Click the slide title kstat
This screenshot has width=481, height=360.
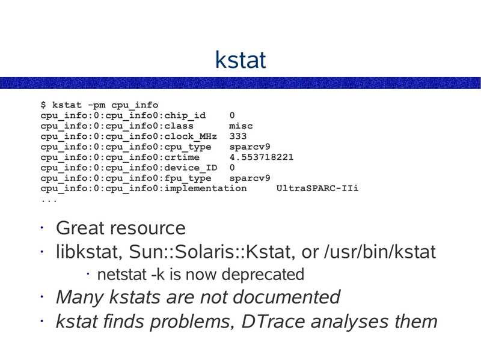(240, 60)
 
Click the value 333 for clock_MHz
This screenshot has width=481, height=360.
(238, 136)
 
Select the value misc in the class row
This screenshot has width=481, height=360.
(241, 126)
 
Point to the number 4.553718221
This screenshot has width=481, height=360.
(262, 157)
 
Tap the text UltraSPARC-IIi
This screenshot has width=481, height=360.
(317, 188)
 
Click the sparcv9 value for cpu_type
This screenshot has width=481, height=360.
(250, 147)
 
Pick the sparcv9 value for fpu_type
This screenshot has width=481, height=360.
(250, 178)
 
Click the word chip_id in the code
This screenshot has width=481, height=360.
(185, 115)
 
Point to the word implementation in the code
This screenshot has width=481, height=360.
(205, 188)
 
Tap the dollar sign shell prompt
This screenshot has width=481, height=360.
(43, 105)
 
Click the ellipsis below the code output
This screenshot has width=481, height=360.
(49, 200)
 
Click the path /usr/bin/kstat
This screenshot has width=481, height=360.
(379, 252)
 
